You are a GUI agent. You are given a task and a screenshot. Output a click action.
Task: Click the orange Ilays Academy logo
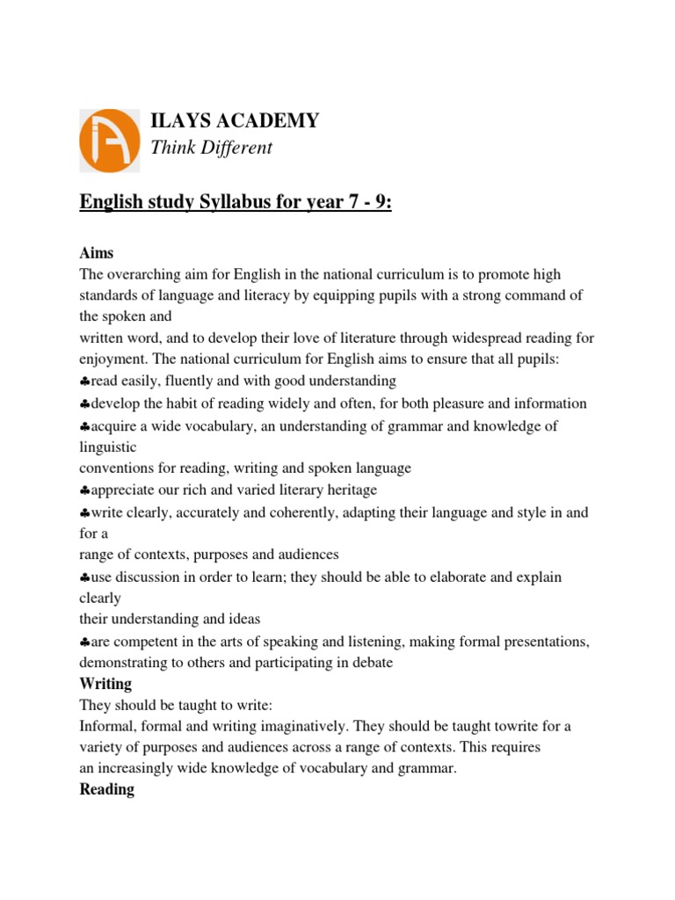[x=109, y=140]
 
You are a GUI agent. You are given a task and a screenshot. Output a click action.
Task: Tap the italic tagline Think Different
[x=212, y=148]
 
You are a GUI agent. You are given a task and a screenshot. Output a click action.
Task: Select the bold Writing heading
[x=105, y=683]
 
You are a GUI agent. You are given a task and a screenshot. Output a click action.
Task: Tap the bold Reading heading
[x=106, y=789]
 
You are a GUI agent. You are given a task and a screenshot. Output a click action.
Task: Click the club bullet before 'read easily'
[x=84, y=381]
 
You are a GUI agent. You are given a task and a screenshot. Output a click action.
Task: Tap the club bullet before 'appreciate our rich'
[x=84, y=490]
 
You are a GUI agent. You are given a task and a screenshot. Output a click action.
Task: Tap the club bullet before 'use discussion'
[x=84, y=577]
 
